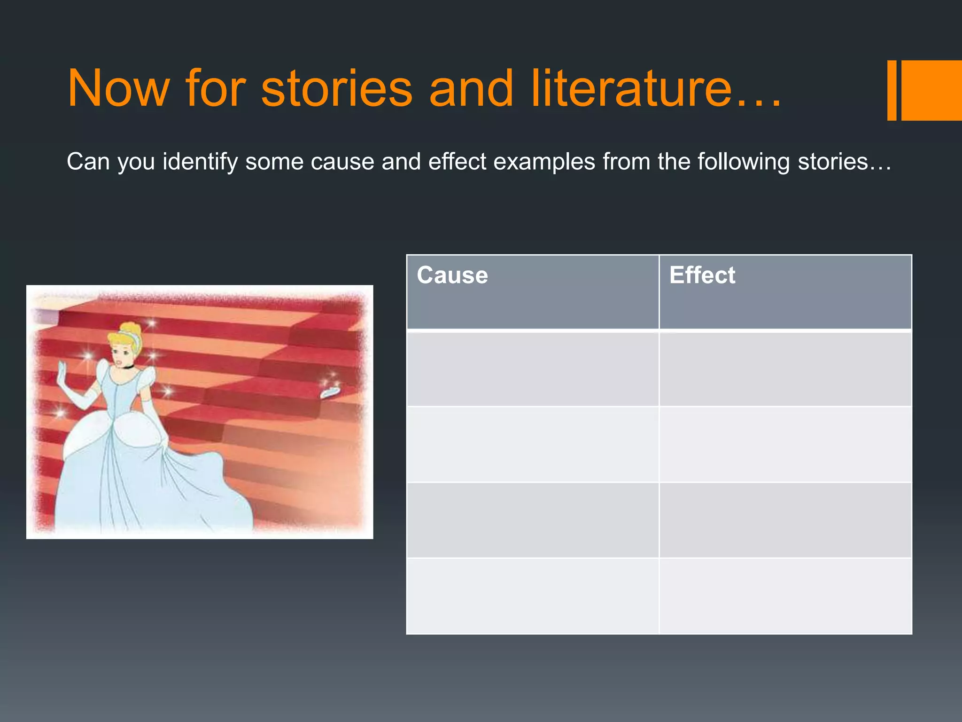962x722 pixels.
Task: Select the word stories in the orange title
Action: (336, 88)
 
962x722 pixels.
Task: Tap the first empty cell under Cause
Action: (532, 369)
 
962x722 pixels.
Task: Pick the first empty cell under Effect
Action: (785, 369)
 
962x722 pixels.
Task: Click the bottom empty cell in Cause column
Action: (532, 596)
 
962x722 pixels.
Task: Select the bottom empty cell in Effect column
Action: (785, 596)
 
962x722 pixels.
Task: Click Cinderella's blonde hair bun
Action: (128, 328)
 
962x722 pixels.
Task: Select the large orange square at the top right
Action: (931, 90)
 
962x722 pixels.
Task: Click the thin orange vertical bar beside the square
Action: (892, 90)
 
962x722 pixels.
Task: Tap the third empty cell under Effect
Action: (785, 520)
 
